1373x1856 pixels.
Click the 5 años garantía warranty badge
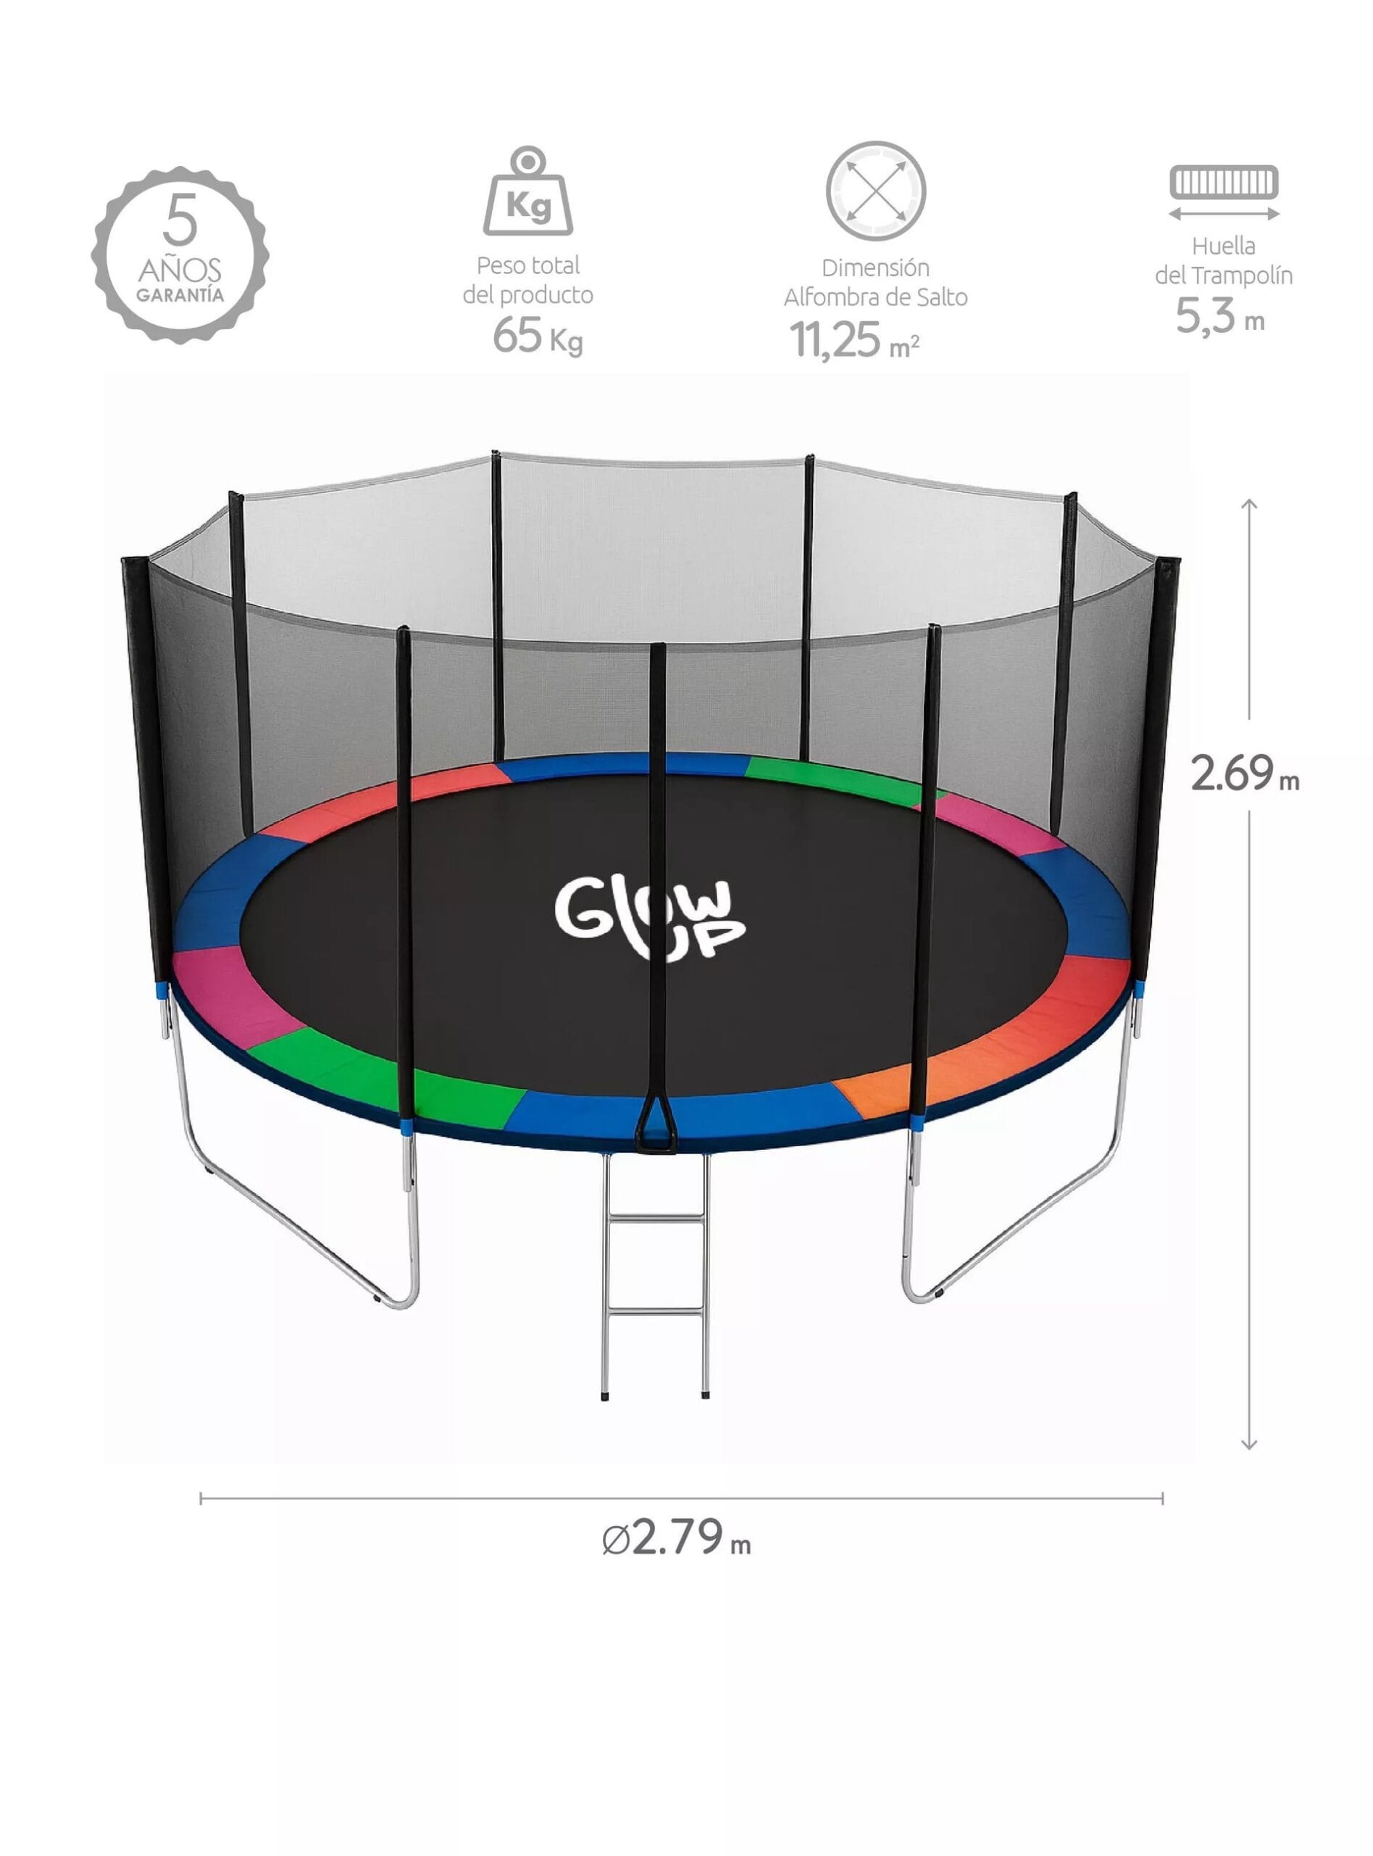point(180,254)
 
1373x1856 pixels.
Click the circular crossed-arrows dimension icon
point(875,191)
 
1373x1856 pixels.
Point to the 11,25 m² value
point(854,340)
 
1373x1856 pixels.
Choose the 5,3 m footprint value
point(1220,316)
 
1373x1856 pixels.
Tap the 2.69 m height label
point(1244,774)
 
